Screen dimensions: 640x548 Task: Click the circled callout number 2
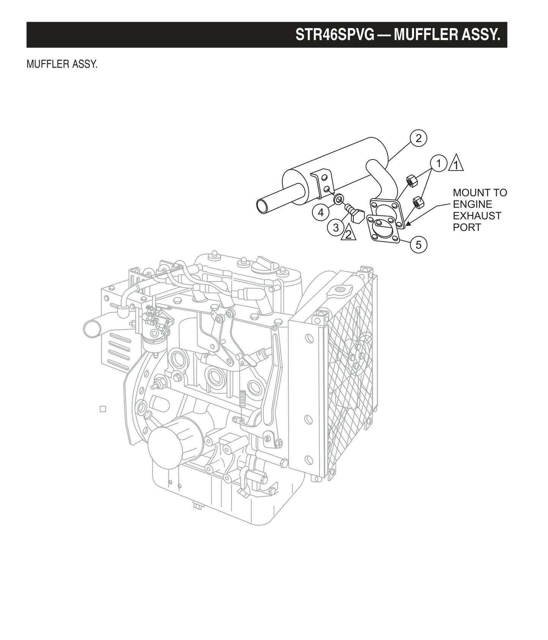(x=418, y=138)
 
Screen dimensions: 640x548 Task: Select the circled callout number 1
(x=438, y=164)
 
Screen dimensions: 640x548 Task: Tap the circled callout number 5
(x=418, y=244)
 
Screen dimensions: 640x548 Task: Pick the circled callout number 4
(x=321, y=212)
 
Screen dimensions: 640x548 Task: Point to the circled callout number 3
(x=336, y=228)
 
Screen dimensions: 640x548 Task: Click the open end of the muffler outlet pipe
(x=261, y=206)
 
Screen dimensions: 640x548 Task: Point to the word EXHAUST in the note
(x=477, y=216)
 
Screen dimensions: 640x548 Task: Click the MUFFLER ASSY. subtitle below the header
(x=62, y=64)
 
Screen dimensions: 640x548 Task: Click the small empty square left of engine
(x=103, y=409)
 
